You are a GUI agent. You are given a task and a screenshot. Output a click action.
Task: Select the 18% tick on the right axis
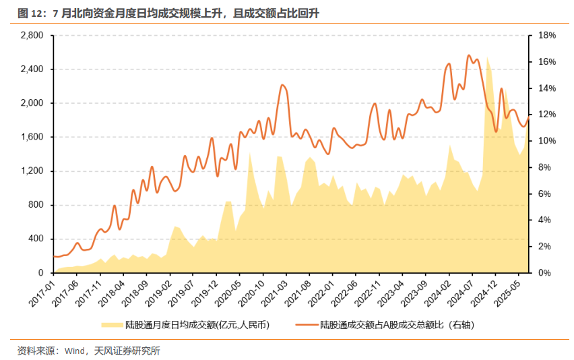click(546, 35)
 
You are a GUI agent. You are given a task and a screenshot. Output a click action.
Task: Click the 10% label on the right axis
click(546, 141)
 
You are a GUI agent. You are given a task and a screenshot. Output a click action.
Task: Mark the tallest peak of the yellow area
click(487, 58)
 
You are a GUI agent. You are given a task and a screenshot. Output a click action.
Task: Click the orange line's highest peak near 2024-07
click(470, 55)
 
